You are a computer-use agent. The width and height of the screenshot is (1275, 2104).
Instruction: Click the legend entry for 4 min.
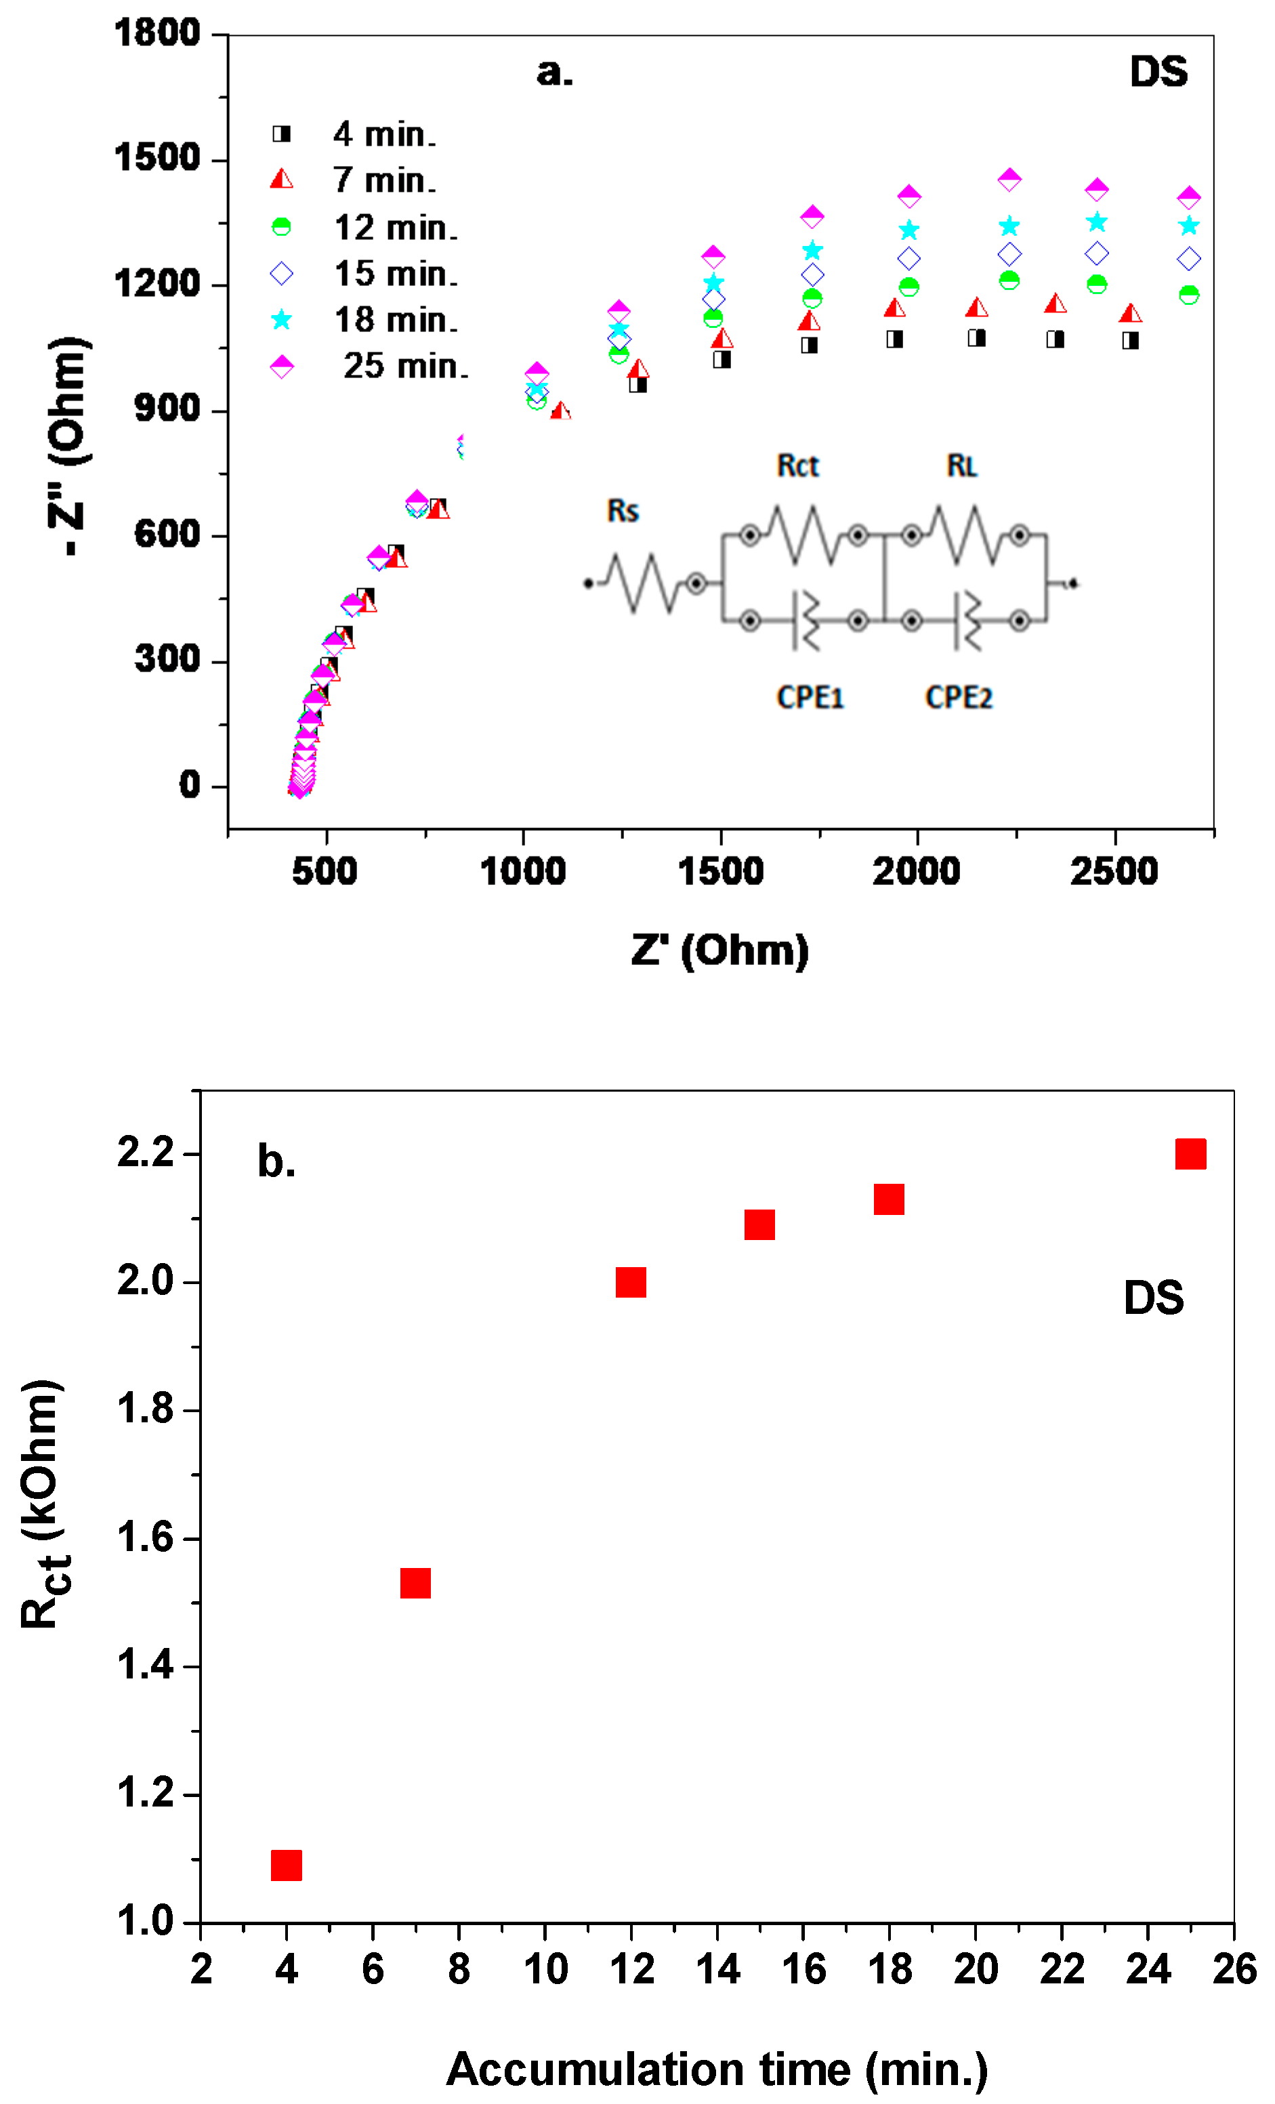[x=383, y=134]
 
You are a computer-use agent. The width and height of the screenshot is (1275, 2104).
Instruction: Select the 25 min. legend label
[x=405, y=367]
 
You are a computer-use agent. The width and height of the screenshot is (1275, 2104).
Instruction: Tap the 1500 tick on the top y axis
[x=157, y=159]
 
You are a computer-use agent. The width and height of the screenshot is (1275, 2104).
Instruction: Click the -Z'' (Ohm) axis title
[x=68, y=447]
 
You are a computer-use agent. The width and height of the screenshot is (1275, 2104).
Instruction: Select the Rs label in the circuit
[x=623, y=511]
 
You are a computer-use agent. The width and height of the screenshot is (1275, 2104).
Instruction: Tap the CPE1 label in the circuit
[x=810, y=698]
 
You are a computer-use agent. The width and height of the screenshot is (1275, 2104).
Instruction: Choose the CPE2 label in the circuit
[x=958, y=698]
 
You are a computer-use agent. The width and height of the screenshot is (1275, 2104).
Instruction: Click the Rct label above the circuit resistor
[x=797, y=466]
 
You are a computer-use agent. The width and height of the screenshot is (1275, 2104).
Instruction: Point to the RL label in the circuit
[x=961, y=466]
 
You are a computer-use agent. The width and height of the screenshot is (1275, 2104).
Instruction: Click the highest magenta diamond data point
[x=1009, y=180]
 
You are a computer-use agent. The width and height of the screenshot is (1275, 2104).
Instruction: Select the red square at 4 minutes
[x=286, y=1865]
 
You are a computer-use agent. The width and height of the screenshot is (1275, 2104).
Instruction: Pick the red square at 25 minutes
[x=1190, y=1153]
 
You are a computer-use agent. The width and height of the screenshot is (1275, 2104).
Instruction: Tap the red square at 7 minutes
[x=415, y=1583]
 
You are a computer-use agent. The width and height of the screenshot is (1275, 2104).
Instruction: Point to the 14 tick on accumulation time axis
[x=717, y=1969]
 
